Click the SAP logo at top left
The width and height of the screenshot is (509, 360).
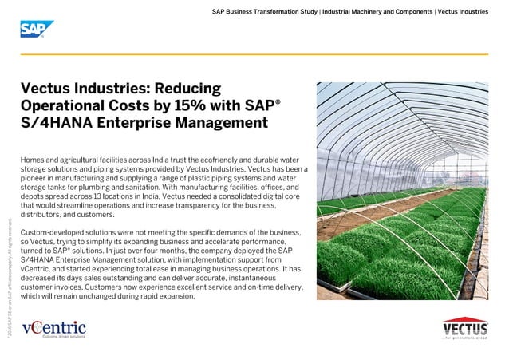tap(32, 30)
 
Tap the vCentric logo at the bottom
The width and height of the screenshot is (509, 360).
tap(53, 327)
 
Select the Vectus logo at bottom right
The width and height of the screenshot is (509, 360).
tap(465, 328)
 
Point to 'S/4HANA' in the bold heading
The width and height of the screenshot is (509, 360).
tap(53, 123)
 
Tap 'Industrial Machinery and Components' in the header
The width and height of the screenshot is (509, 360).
tap(377, 12)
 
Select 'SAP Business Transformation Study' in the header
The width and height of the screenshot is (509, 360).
tap(264, 12)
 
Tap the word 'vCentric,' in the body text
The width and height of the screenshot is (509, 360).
tap(37, 268)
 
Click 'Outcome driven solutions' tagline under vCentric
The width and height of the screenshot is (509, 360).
tap(64, 337)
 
